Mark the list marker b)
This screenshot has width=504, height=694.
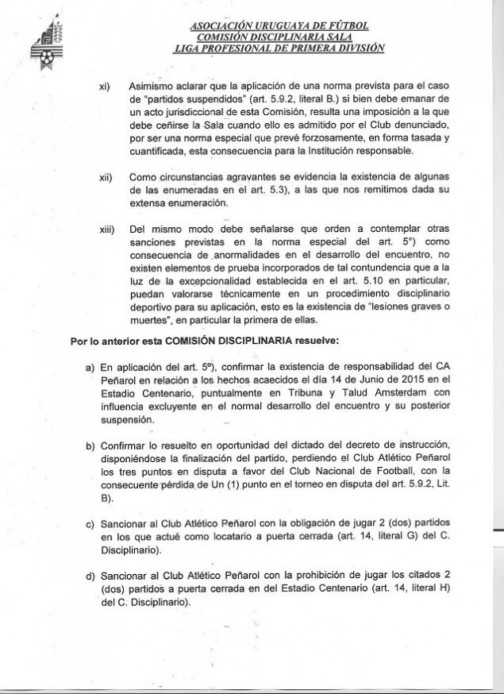coord(90,441)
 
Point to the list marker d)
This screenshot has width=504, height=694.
coord(90,574)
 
